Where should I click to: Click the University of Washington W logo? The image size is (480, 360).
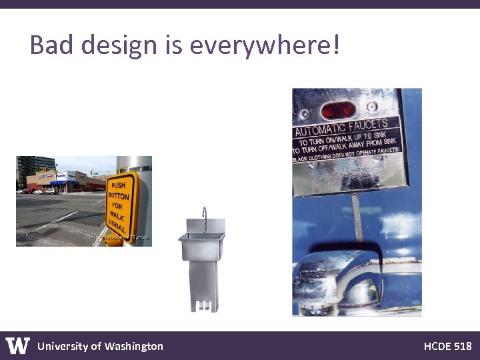pyautogui.click(x=18, y=345)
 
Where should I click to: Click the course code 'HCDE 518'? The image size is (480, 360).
pyautogui.click(x=447, y=346)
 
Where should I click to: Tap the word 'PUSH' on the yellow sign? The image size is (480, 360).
pyautogui.click(x=119, y=185)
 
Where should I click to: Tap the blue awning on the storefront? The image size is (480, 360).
pyautogui.click(x=64, y=182)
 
